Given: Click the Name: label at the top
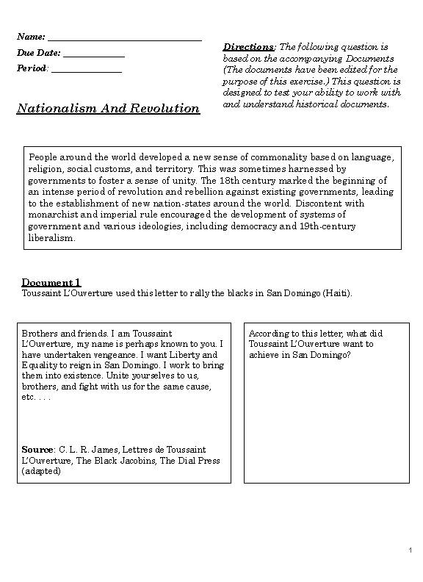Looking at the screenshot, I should tap(31, 37).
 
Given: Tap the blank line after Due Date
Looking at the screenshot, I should tap(94, 53).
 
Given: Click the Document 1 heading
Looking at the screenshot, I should tap(51, 283).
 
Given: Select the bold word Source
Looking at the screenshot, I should tap(37, 450).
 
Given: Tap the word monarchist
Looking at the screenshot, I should tap(53, 215).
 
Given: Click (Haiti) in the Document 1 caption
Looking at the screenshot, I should tap(336, 293).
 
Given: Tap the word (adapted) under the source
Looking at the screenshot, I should tap(41, 472).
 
